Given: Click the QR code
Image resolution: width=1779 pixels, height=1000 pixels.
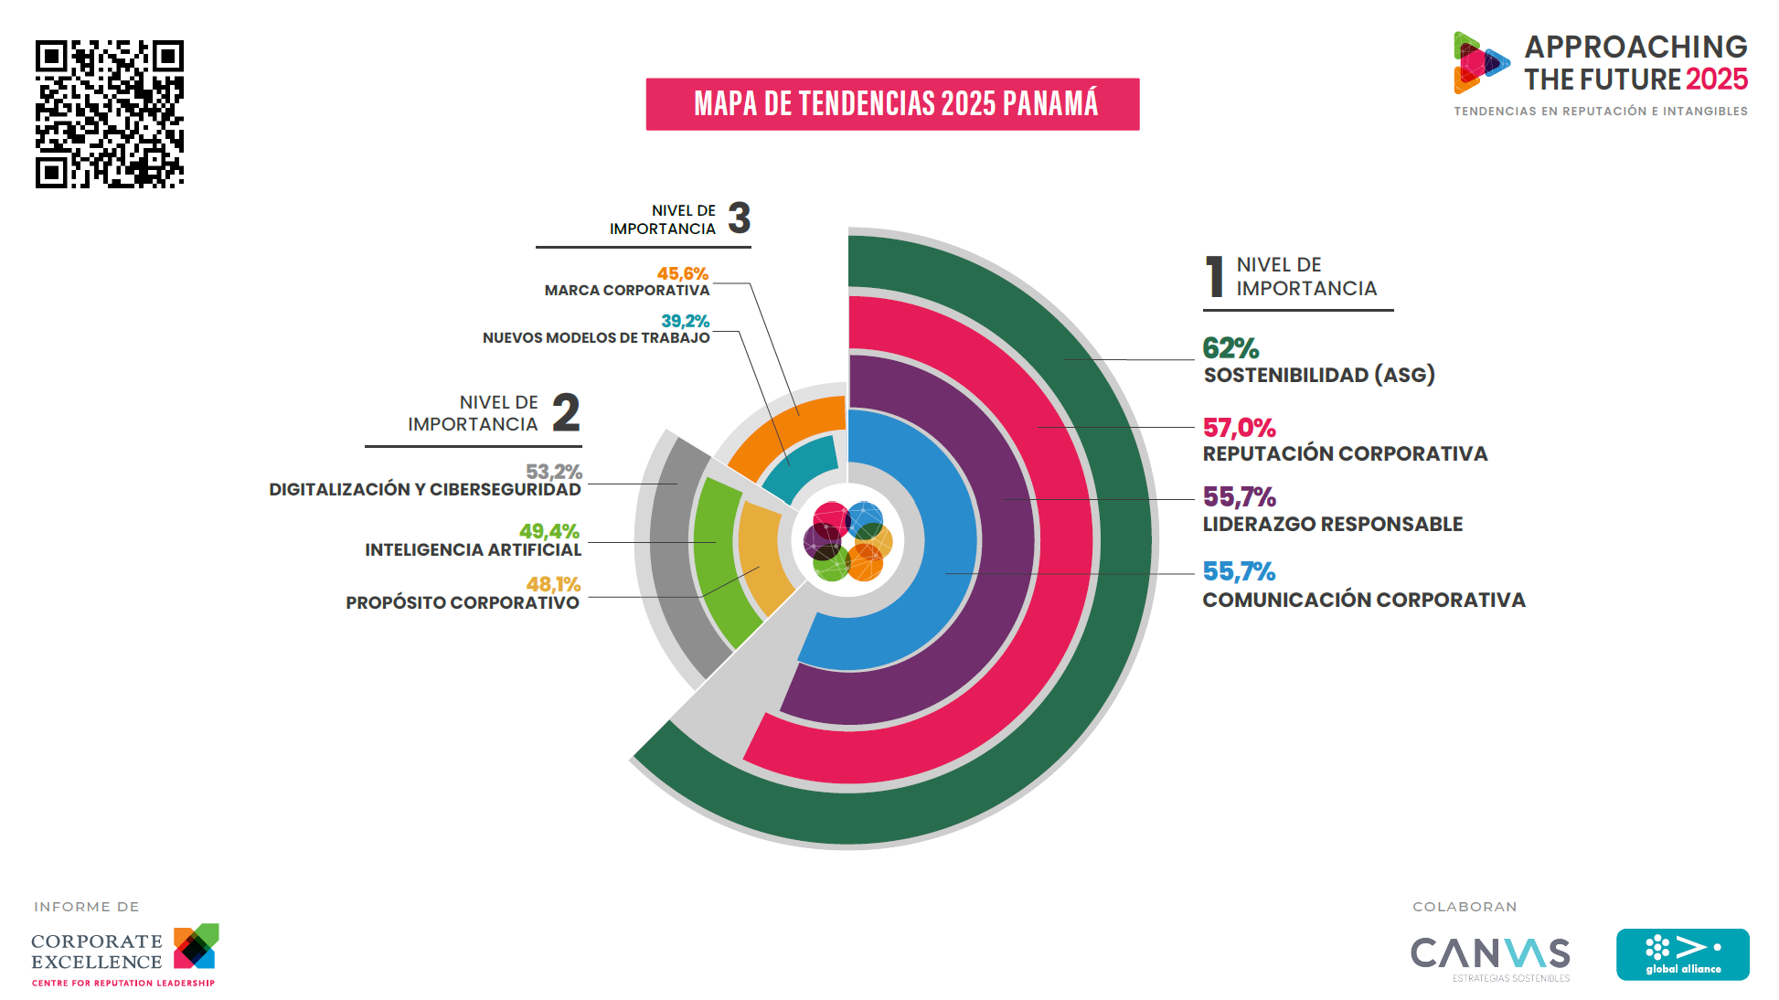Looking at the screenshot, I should tap(110, 114).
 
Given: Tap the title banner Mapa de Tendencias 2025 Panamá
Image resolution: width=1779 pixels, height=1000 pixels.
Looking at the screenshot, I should tap(892, 104).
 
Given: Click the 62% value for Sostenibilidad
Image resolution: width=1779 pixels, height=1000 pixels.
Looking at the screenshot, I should tap(1230, 348).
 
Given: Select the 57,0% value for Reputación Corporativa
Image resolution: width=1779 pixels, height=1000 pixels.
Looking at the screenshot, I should tap(1239, 428).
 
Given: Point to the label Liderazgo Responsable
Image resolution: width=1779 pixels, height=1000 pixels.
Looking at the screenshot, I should tap(1332, 525).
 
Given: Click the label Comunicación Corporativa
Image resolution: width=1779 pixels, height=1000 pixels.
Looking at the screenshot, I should tap(1363, 601).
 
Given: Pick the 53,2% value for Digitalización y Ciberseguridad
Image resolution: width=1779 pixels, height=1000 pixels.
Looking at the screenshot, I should tap(553, 472).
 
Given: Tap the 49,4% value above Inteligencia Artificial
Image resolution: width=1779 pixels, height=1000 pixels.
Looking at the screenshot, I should tap(549, 531).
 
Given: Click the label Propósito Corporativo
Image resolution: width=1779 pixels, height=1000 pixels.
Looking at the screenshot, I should tap(463, 603).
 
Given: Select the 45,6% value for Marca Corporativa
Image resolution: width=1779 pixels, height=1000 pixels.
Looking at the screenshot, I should tap(682, 273).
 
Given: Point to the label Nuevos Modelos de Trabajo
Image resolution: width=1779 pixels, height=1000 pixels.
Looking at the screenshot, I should tap(596, 338).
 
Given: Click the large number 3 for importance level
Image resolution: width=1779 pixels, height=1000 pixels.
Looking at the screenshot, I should tap(739, 218).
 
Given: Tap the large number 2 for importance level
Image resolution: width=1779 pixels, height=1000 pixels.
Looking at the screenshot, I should tap(566, 412).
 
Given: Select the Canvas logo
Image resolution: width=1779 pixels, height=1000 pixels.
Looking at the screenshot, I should tap(1490, 955).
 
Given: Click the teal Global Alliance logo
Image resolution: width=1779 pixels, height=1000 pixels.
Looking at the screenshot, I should tap(1682, 954).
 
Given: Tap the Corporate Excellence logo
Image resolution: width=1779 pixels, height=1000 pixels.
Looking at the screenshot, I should tap(124, 955).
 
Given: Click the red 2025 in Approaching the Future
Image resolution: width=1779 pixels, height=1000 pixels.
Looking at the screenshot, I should tap(1716, 80).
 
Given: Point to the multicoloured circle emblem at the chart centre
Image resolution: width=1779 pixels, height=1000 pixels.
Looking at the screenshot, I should tap(847, 541).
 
